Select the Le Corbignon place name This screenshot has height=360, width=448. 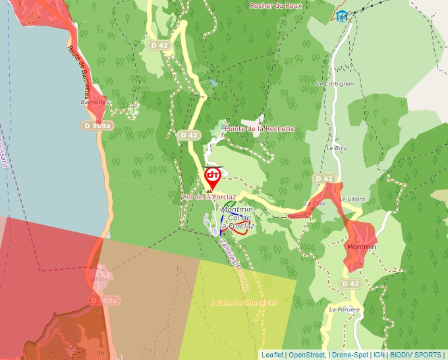point(335,84)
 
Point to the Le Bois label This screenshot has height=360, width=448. point(336,148)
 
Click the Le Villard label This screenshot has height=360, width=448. point(352,199)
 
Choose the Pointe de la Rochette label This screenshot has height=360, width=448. point(260,129)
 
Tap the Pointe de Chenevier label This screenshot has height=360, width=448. point(244,303)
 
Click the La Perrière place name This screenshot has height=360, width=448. point(345,309)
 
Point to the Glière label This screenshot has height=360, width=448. point(99,279)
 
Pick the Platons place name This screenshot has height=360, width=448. point(298,215)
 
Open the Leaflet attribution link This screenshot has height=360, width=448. point(273,355)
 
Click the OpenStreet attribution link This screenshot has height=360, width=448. point(306,355)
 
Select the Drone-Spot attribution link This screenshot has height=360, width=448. point(350,355)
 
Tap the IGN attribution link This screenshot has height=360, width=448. point(379,355)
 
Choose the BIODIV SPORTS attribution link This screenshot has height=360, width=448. point(415,355)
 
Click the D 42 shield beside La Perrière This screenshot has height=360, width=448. point(350,284)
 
